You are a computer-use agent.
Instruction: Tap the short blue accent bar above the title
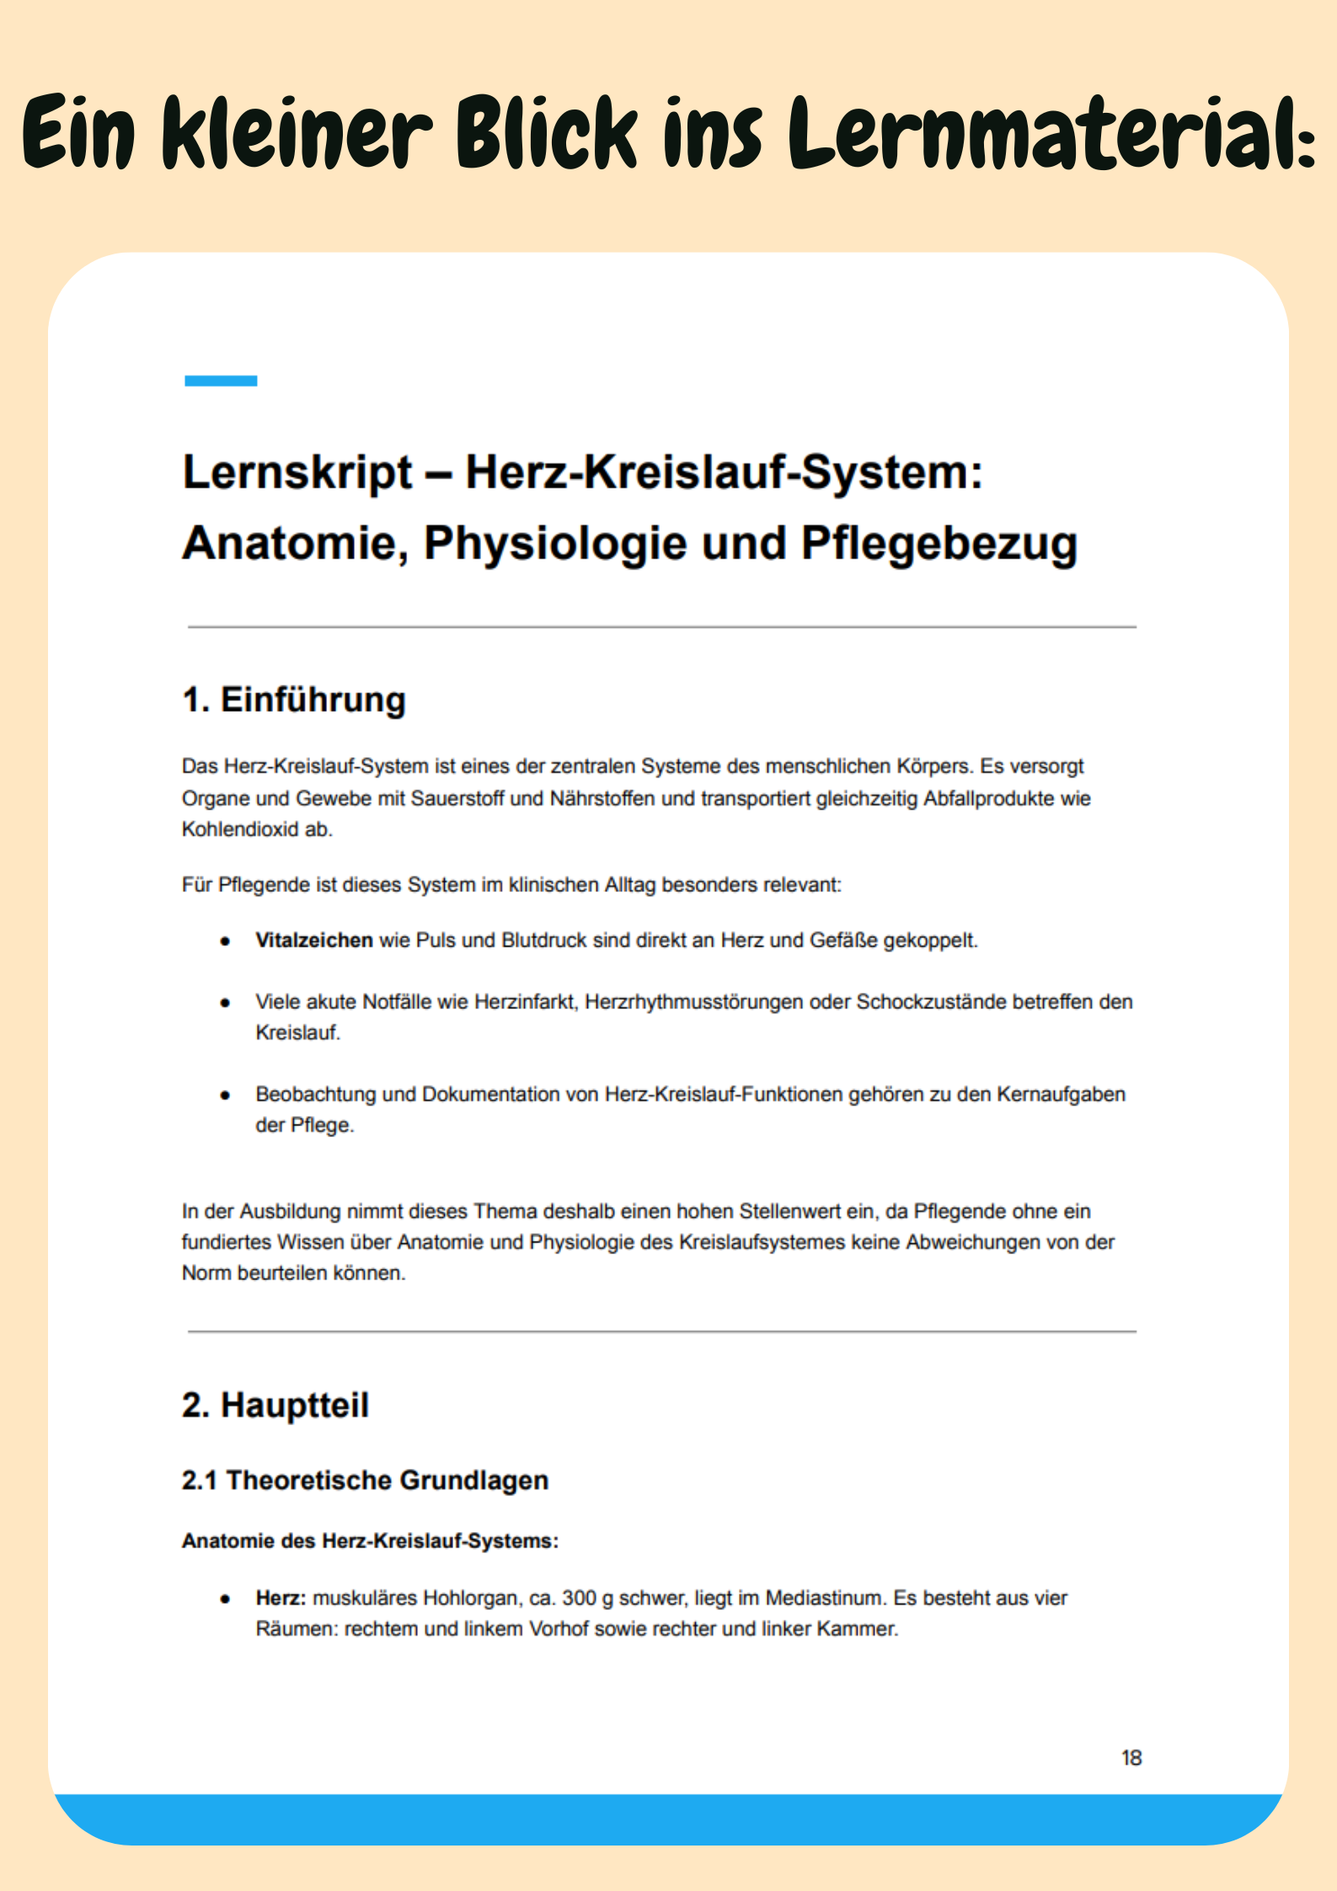221,381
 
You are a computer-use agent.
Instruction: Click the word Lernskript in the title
297,472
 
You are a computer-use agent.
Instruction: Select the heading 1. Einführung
294,700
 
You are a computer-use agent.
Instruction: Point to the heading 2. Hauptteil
275,1405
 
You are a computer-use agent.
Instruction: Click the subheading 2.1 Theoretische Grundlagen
365,1480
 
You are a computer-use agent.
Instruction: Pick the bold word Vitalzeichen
313,940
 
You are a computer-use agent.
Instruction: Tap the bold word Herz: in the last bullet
281,1598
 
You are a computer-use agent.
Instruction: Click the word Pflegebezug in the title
939,543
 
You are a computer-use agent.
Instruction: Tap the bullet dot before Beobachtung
225,1095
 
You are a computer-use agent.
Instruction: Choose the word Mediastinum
825,1598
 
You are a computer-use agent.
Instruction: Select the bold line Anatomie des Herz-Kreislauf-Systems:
370,1541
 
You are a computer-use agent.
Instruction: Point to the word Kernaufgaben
1061,1094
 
